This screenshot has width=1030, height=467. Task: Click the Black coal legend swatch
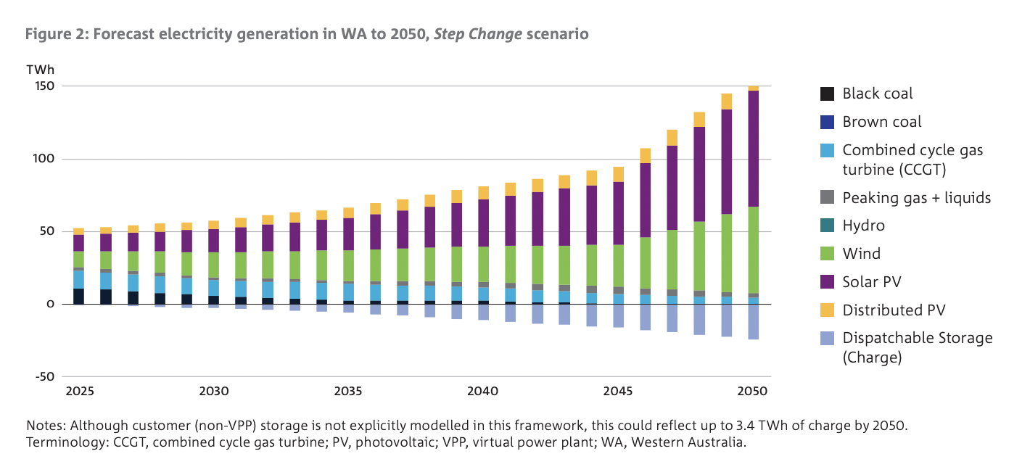coord(826,94)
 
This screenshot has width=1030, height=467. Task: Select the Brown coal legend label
coord(881,122)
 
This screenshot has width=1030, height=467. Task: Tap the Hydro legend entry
coord(863,226)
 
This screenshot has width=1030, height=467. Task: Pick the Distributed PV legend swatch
coord(826,310)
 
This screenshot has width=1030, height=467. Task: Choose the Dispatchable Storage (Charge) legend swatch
coord(826,339)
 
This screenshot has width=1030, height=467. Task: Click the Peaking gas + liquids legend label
coord(916,197)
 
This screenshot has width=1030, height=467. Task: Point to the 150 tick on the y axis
coord(45,86)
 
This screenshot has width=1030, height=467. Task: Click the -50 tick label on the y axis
coord(45,376)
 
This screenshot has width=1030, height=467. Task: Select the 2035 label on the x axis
coord(348,392)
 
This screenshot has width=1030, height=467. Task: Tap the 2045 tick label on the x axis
coord(617,392)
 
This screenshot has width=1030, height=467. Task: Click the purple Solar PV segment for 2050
coord(753,149)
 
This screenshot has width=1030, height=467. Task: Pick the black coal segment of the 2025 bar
coord(78,296)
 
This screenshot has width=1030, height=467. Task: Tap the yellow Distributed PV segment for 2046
coord(645,156)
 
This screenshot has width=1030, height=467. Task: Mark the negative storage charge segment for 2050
coord(753,321)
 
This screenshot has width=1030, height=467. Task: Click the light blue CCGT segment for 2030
coord(213,288)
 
